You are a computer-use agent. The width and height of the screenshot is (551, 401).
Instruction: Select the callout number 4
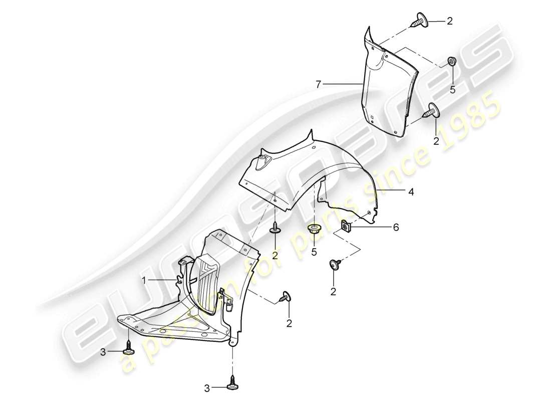(410, 191)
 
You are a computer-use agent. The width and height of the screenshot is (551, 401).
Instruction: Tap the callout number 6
(396, 228)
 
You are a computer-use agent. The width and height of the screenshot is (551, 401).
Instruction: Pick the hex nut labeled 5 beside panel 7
(452, 62)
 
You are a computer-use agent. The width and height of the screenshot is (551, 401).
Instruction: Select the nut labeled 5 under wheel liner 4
(314, 230)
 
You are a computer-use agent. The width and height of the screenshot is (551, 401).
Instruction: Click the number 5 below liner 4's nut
(314, 252)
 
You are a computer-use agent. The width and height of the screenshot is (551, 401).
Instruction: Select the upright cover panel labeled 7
(386, 85)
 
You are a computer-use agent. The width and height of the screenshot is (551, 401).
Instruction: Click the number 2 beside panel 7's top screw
(449, 21)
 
